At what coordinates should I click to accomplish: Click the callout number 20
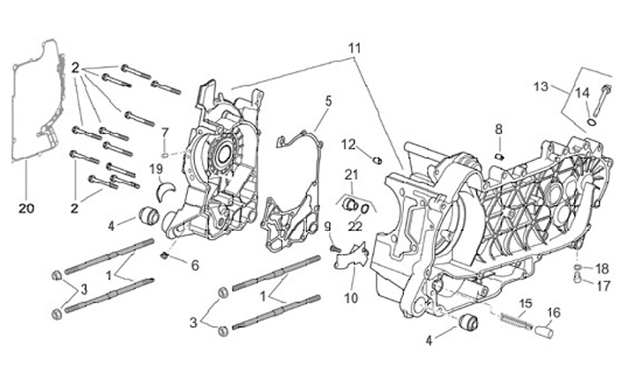(25, 209)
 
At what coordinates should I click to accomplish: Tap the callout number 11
(354, 46)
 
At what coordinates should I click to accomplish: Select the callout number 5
(327, 101)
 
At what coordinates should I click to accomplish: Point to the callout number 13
(541, 86)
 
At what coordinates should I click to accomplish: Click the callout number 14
(582, 93)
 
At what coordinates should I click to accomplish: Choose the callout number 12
(349, 145)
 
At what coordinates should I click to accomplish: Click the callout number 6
(195, 264)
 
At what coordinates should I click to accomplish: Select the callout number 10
(351, 297)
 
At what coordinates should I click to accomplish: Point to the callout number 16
(553, 313)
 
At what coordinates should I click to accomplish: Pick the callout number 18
(602, 268)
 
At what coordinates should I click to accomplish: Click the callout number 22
(355, 227)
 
